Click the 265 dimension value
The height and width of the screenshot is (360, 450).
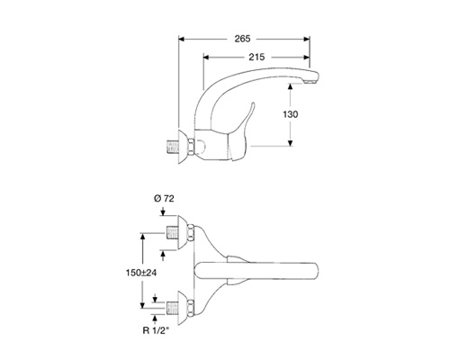coord(242,39)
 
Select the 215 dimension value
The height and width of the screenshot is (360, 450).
coord(256,57)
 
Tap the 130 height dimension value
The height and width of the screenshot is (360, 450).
coord(291,114)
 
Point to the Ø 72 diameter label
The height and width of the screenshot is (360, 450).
coord(164,199)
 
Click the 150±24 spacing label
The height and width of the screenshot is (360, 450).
coord(141,273)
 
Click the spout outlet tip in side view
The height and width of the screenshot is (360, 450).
coord(311,81)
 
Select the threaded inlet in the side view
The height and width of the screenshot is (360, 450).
coord(173,147)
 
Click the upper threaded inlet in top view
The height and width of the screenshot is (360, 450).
coord(173,232)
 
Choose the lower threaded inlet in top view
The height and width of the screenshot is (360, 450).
coord(173,308)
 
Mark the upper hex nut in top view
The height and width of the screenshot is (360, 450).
coord(191,232)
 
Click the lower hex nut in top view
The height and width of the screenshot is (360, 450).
coord(191,308)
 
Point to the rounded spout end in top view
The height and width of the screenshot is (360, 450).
coord(314,273)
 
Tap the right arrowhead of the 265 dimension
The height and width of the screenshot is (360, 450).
coord(307,39)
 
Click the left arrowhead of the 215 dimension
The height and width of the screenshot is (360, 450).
coord(206,57)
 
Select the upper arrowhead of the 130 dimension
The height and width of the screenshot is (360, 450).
coord(290,86)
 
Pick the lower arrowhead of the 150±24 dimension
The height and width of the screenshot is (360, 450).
coord(143,305)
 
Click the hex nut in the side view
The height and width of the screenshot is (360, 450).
coord(191,147)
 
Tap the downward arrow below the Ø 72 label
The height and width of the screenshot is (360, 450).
coord(163,211)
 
